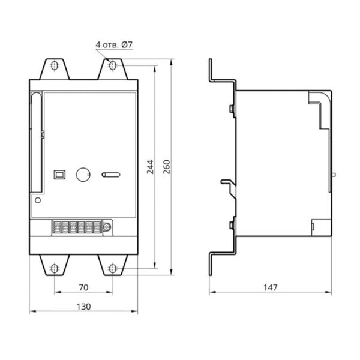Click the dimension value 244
click(150, 167)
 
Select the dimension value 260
click(167, 167)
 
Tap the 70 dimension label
click(83, 287)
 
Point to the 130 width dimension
click(83, 307)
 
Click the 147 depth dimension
click(271, 287)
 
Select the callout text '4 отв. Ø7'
click(114, 44)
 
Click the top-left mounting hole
click(55, 65)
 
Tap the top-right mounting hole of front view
click(113, 65)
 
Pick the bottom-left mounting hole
click(55, 268)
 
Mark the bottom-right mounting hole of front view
click(113, 268)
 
